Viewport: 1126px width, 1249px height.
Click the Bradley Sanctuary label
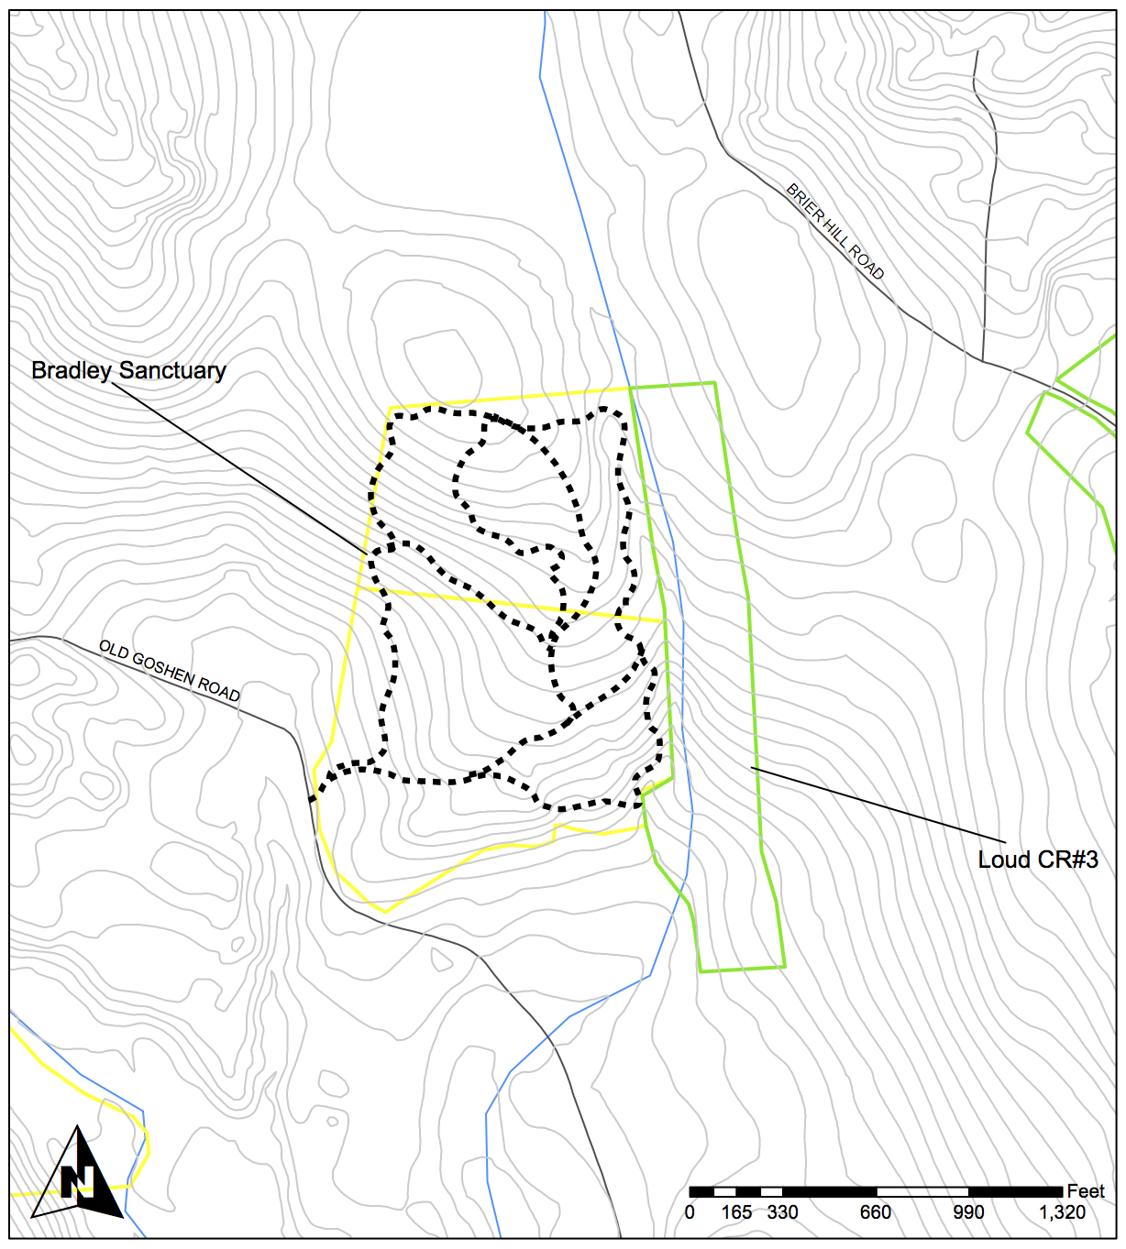pyautogui.click(x=128, y=370)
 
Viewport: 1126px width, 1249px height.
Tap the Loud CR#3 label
pyautogui.click(x=1038, y=860)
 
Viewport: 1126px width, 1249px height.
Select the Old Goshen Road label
pyautogui.click(x=170, y=672)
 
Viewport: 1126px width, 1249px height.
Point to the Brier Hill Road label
pyautogui.click(x=835, y=231)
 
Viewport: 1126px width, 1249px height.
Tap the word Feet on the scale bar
pyautogui.click(x=1086, y=1191)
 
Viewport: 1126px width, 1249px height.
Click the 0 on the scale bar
pyautogui.click(x=690, y=1213)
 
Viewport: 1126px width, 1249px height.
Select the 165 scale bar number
pyautogui.click(x=736, y=1213)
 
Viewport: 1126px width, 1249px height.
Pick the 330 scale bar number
pyautogui.click(x=782, y=1213)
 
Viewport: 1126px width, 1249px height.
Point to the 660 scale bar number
pyautogui.click(x=875, y=1213)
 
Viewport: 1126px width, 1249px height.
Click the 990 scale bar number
pyautogui.click(x=968, y=1213)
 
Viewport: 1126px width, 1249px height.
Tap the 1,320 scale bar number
pyautogui.click(x=1062, y=1213)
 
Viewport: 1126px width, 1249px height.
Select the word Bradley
pyautogui.click(x=72, y=370)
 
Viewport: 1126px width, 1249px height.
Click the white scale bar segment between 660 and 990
pyautogui.click(x=922, y=1191)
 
